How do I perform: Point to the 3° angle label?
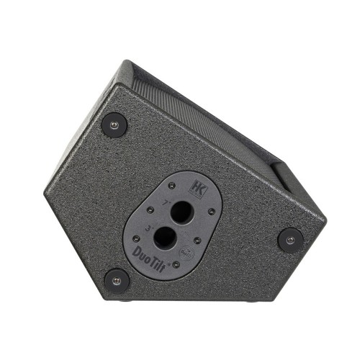point(148,227)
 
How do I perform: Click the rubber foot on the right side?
point(289,239)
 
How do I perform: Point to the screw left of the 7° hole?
point(150,210)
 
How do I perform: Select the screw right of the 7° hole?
point(212,212)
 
